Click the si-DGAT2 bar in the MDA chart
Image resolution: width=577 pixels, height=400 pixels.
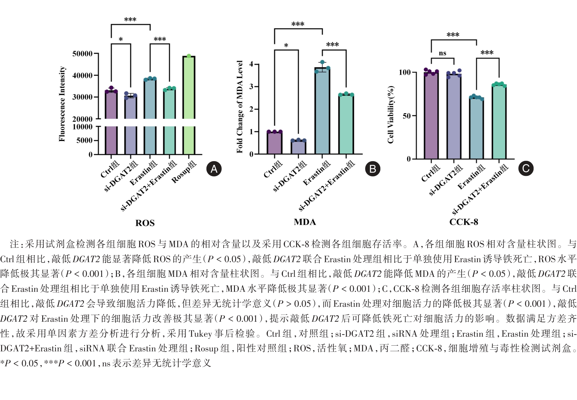point(298,147)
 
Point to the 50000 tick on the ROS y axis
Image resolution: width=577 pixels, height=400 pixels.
point(83,54)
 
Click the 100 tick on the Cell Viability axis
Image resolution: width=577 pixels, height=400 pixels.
point(405,72)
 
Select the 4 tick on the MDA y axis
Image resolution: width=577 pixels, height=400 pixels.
point(251,64)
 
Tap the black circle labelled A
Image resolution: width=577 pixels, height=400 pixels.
point(214,169)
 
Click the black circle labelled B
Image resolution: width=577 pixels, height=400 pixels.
point(373,169)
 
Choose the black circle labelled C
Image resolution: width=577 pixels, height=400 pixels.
point(526,168)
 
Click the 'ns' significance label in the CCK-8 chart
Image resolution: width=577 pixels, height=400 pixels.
point(442,53)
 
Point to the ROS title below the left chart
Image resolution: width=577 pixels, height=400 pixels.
point(145,223)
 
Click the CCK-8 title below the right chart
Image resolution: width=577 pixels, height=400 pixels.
point(464,222)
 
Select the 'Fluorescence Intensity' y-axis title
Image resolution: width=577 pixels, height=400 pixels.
point(62,104)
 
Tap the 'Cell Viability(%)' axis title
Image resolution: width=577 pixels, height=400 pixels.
point(390,115)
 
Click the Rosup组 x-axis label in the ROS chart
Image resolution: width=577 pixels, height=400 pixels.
point(184,172)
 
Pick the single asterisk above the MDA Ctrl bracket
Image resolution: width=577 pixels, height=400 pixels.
point(286,45)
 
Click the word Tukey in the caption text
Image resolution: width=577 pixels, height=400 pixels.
point(201,334)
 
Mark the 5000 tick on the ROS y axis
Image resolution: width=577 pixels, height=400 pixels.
point(85,140)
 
